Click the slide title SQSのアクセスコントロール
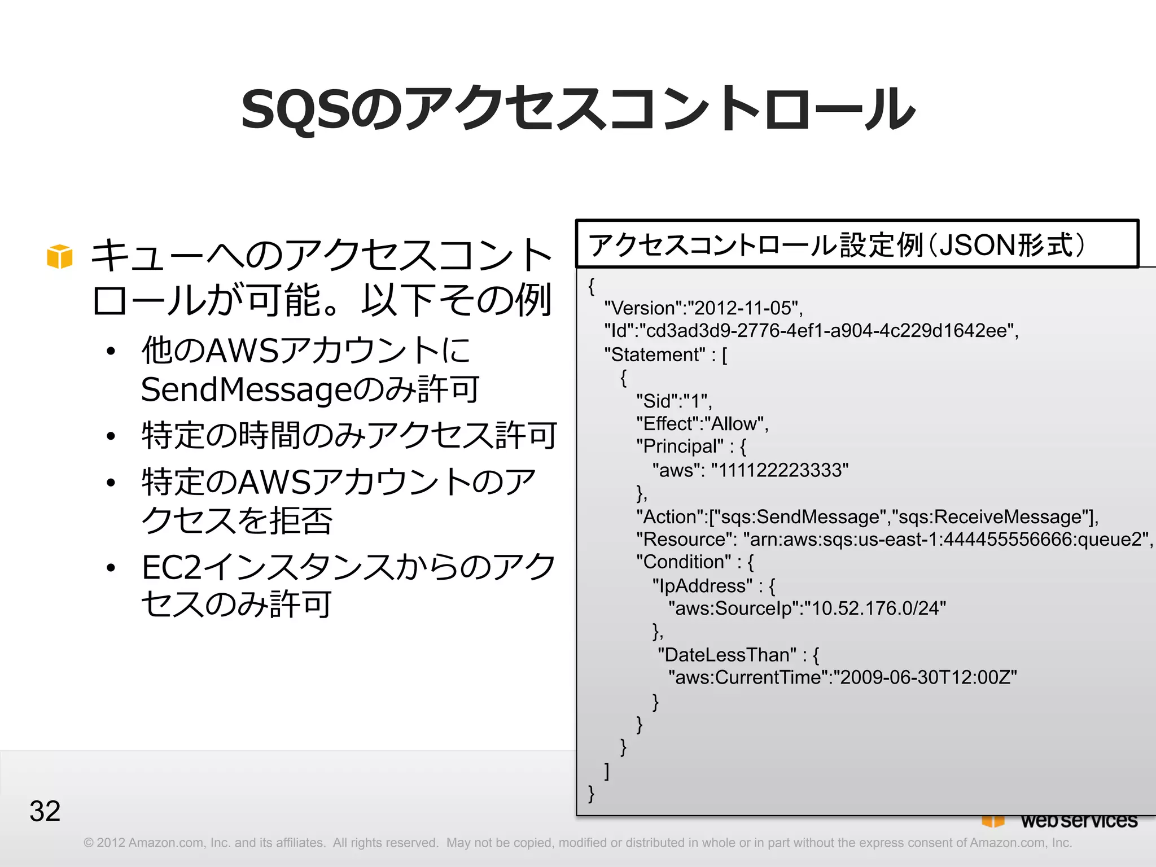coord(577,109)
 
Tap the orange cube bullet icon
coord(60,257)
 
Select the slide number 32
coord(45,811)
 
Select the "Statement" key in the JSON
coord(655,354)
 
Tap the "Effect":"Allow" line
coord(702,423)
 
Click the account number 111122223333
coord(780,470)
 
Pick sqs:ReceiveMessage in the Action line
coord(990,517)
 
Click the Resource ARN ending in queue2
coord(948,540)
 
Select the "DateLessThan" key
coord(726,655)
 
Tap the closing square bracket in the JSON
coord(607,770)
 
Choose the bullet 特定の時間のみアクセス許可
coord(349,435)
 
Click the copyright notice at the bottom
coord(577,843)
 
